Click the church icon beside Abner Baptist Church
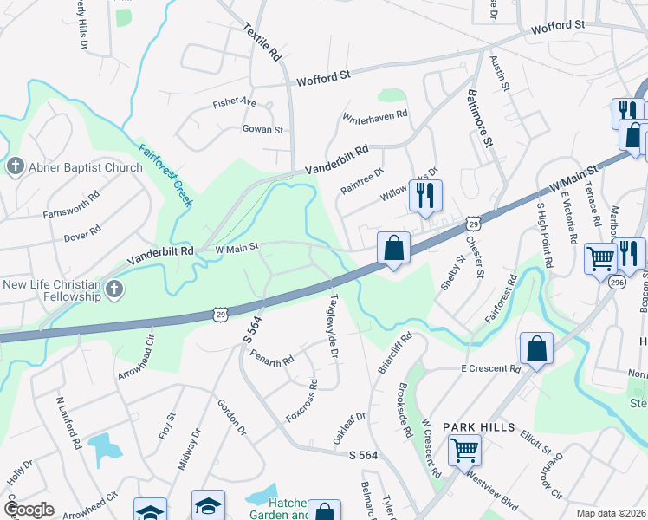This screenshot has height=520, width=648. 15,166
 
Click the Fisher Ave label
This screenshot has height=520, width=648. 235,103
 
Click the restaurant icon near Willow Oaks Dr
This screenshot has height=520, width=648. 425,197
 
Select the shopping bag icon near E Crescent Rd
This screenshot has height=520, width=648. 536,349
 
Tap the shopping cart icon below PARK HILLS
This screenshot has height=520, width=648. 465,450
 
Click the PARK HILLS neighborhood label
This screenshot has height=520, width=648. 479,428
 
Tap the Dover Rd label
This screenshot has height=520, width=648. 83,233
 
